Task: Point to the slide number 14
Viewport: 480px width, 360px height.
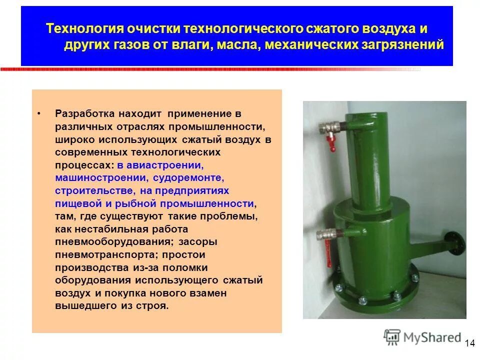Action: (x=469, y=343)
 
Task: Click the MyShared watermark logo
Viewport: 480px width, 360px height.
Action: (x=422, y=337)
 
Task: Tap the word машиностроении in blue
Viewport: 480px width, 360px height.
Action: (x=100, y=177)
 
